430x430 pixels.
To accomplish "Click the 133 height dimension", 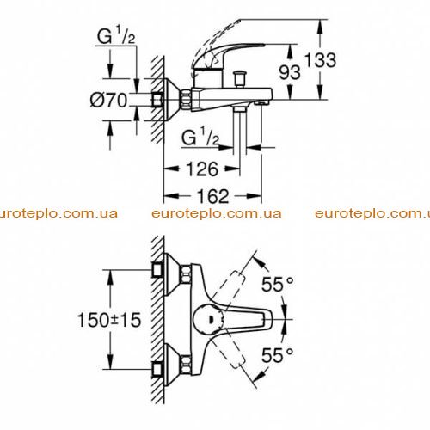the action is (320, 60).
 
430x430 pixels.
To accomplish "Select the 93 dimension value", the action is (290, 72).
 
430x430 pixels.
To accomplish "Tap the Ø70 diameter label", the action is (108, 101).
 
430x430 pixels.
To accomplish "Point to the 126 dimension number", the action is (202, 169).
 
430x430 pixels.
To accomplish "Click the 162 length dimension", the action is (213, 196).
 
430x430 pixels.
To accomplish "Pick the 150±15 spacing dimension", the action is (109, 320).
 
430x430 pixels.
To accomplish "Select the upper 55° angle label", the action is (278, 284).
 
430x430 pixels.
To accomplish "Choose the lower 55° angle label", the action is (278, 355).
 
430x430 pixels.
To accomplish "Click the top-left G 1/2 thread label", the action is (116, 36).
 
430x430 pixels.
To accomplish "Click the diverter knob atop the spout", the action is (240, 79).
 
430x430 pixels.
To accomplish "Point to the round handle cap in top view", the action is (208, 319).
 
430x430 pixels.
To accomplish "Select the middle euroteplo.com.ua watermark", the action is (217, 213).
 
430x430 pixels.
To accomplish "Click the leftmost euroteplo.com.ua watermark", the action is (58, 213).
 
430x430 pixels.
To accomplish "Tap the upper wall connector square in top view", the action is (157, 270).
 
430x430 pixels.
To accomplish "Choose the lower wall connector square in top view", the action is (157, 369).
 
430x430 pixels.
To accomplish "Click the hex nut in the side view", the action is (186, 99).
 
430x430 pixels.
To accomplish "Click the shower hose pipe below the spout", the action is (240, 132).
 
